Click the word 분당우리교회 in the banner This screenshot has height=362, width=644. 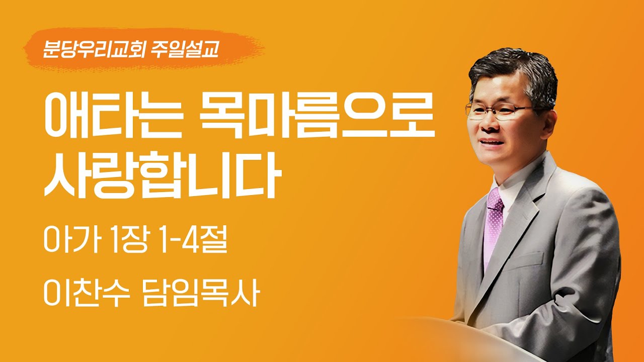coord(93,49)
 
